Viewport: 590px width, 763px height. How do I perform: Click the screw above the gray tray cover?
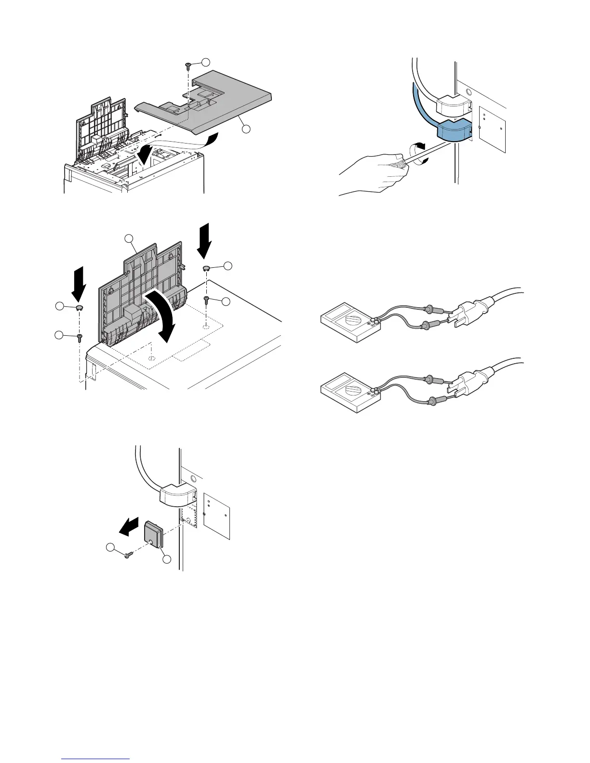pyautogui.click(x=188, y=66)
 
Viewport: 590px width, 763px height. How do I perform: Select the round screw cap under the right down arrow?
pyautogui.click(x=206, y=267)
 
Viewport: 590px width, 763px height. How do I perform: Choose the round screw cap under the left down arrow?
pyautogui.click(x=79, y=307)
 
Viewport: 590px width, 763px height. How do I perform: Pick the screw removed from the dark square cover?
pyautogui.click(x=128, y=555)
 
